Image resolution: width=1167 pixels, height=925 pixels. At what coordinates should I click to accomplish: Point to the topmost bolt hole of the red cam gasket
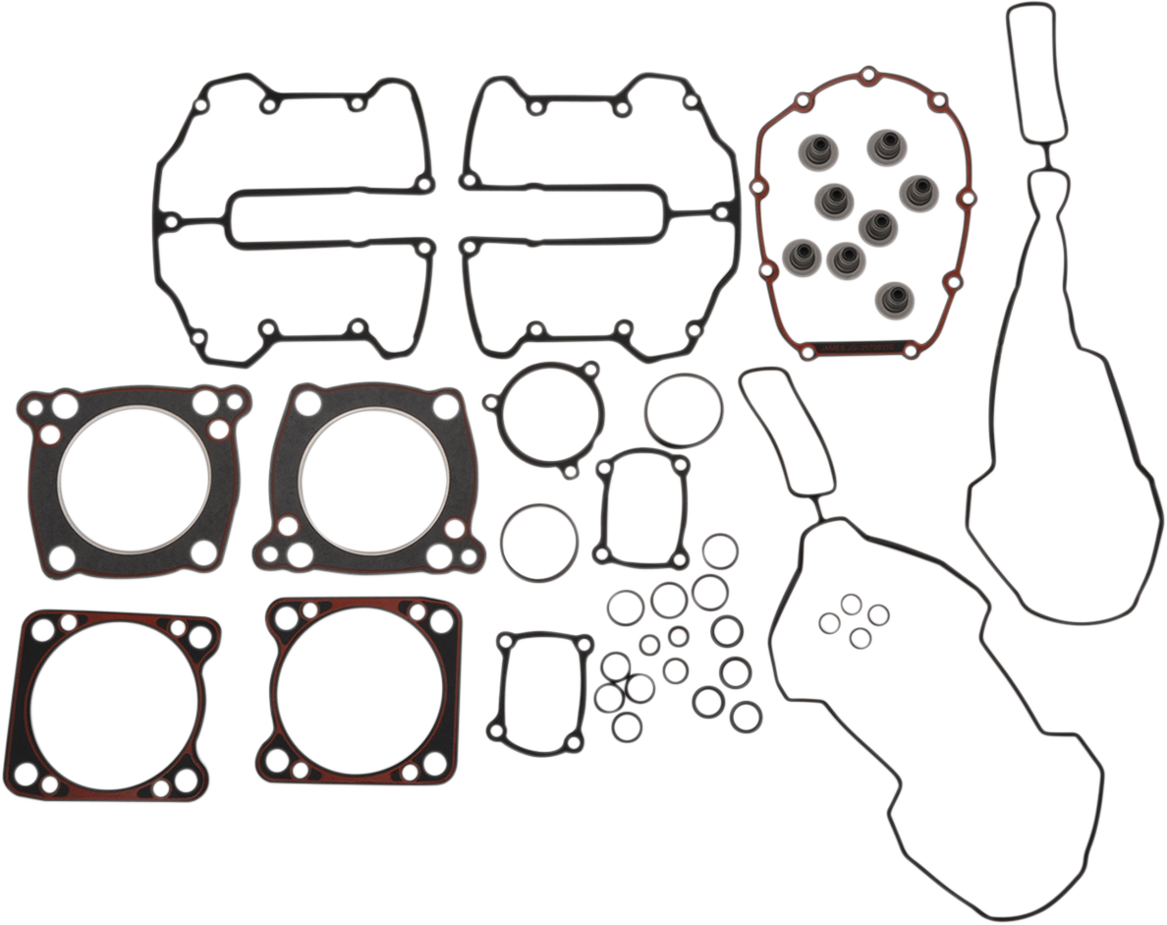pyautogui.click(x=867, y=75)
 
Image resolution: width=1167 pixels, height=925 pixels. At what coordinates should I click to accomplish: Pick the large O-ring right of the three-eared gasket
pyautogui.click(x=685, y=411)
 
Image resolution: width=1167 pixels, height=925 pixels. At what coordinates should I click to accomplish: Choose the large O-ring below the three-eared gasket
pyautogui.click(x=539, y=543)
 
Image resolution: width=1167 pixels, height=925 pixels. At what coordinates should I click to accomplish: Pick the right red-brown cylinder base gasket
pyautogui.click(x=360, y=693)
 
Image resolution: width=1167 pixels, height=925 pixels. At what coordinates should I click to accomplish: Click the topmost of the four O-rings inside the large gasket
pyautogui.click(x=852, y=603)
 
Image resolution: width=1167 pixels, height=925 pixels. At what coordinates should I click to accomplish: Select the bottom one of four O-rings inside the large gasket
pyautogui.click(x=860, y=638)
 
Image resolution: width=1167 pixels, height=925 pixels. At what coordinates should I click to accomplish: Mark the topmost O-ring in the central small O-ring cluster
pyautogui.click(x=720, y=550)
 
